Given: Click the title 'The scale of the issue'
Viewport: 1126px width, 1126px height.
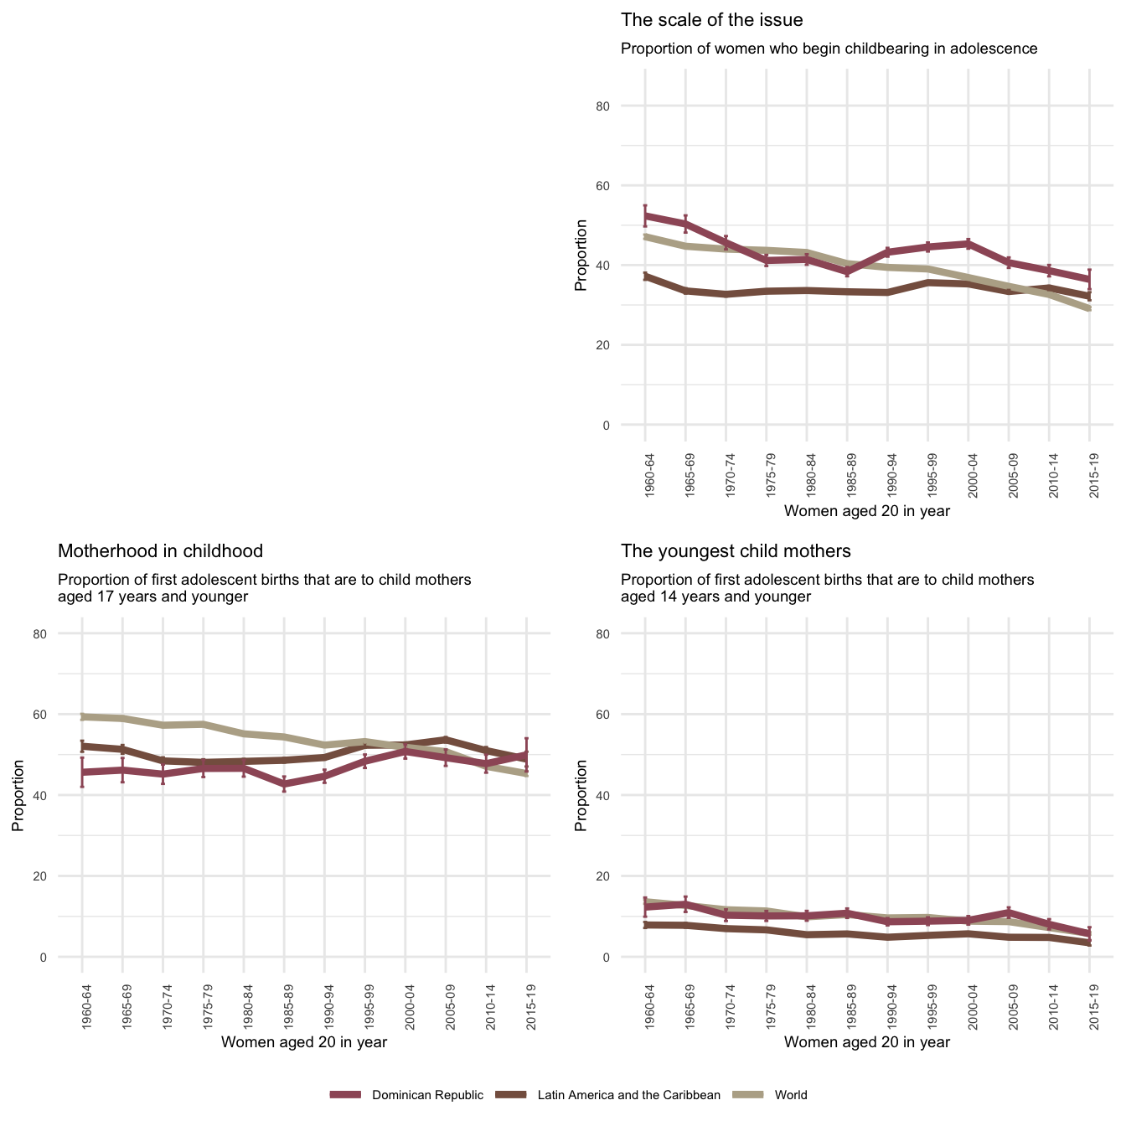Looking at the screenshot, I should [x=711, y=20].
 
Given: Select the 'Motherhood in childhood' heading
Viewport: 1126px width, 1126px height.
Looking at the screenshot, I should [x=160, y=551].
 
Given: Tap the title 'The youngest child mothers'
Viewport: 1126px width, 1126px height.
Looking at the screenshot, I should [x=736, y=551].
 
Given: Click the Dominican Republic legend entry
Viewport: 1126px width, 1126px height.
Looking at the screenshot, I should [x=427, y=1095].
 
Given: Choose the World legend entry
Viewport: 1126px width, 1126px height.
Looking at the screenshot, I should [x=791, y=1095].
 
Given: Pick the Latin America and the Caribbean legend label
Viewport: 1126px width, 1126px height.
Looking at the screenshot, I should [x=628, y=1095].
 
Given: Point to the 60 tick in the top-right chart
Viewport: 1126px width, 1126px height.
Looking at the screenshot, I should [x=626, y=186].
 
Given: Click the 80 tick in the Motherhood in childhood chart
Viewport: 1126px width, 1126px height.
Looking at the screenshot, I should [x=63, y=634].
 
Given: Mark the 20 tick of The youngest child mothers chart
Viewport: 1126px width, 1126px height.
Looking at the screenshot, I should [x=626, y=876].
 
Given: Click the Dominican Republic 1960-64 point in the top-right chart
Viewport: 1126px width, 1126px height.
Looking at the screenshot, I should [x=645, y=215].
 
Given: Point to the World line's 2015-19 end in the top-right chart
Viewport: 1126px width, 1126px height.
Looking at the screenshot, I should [x=1089, y=309].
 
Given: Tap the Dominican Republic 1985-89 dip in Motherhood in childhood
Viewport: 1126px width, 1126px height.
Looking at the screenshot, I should [x=284, y=784].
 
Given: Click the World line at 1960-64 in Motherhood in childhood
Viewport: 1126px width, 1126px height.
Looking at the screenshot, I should [x=82, y=716].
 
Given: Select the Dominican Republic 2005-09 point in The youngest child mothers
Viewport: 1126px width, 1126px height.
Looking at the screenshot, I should [x=1009, y=912].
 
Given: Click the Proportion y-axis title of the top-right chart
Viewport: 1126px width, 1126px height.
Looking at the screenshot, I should [x=581, y=256].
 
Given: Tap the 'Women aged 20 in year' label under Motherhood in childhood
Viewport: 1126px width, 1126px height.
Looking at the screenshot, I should [x=303, y=1042].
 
